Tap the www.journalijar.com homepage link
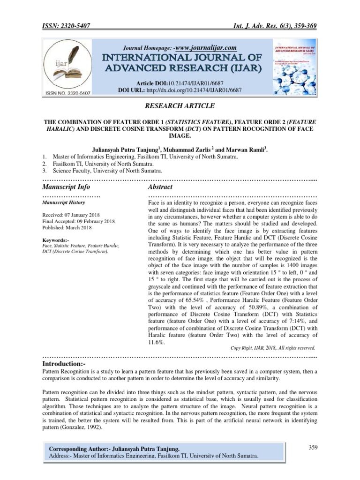[206, 48]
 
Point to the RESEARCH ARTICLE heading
[180, 106]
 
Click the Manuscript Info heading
[66, 187]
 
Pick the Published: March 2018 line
[67, 228]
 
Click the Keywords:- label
[56, 240]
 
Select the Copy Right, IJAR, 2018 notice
[273, 348]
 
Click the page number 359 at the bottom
[313, 447]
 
